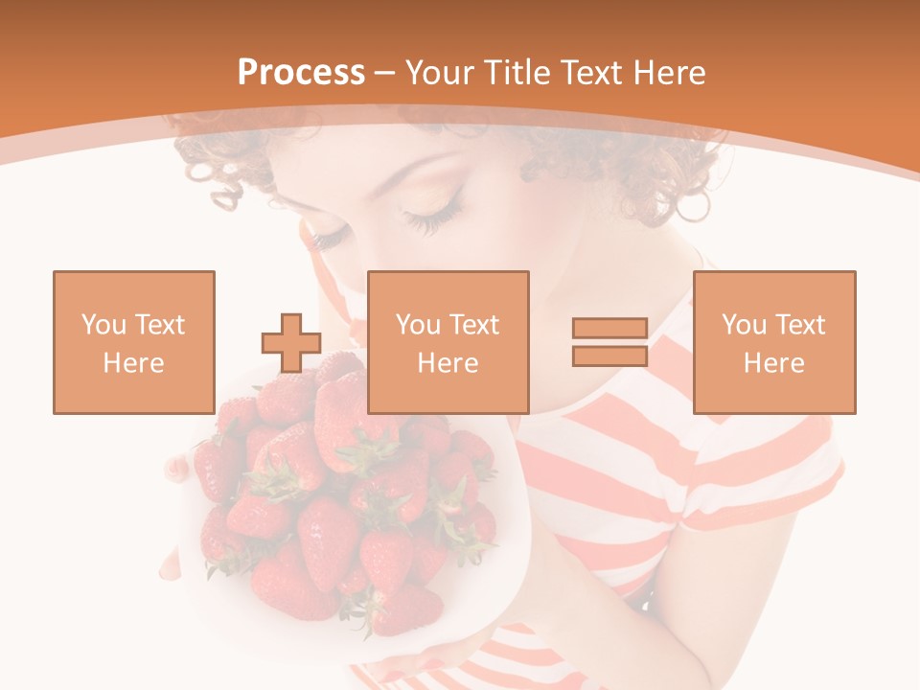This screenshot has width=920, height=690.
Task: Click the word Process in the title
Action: (301, 73)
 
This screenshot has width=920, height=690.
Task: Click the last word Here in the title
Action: (671, 73)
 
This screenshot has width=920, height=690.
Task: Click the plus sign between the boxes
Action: (291, 342)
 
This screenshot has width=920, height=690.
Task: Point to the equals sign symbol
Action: (609, 342)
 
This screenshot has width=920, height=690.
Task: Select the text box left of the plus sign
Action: (134, 342)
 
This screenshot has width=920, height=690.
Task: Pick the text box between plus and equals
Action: (448, 342)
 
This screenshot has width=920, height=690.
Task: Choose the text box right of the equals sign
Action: (774, 342)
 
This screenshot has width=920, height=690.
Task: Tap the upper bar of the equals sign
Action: (609, 329)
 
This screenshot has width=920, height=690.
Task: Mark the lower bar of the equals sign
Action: (609, 356)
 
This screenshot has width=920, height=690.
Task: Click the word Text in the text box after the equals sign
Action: (801, 325)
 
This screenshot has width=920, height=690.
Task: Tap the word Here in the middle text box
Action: (448, 363)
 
